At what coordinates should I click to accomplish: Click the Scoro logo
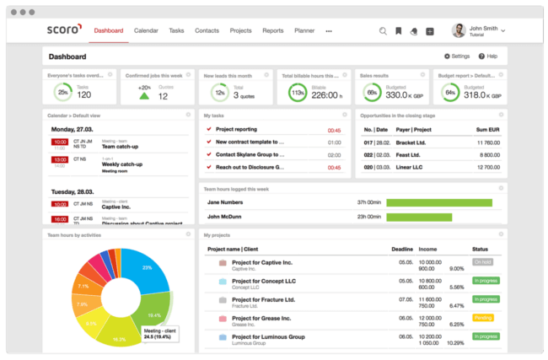(x=64, y=30)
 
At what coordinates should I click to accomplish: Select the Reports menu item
(x=272, y=30)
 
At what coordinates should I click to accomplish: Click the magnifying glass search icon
(x=383, y=31)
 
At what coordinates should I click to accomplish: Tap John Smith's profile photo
(x=459, y=30)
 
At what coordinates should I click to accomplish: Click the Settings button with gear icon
(x=456, y=56)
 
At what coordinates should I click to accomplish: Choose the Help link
(x=487, y=56)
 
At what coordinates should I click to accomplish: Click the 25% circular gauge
(x=63, y=93)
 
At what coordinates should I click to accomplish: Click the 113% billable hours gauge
(x=297, y=93)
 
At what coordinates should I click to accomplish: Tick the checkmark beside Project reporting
(x=208, y=130)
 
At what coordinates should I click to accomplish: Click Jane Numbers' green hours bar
(x=438, y=202)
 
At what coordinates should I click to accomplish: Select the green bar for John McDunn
(x=419, y=217)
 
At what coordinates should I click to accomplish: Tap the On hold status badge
(x=483, y=262)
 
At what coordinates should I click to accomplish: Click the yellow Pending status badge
(x=483, y=318)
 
